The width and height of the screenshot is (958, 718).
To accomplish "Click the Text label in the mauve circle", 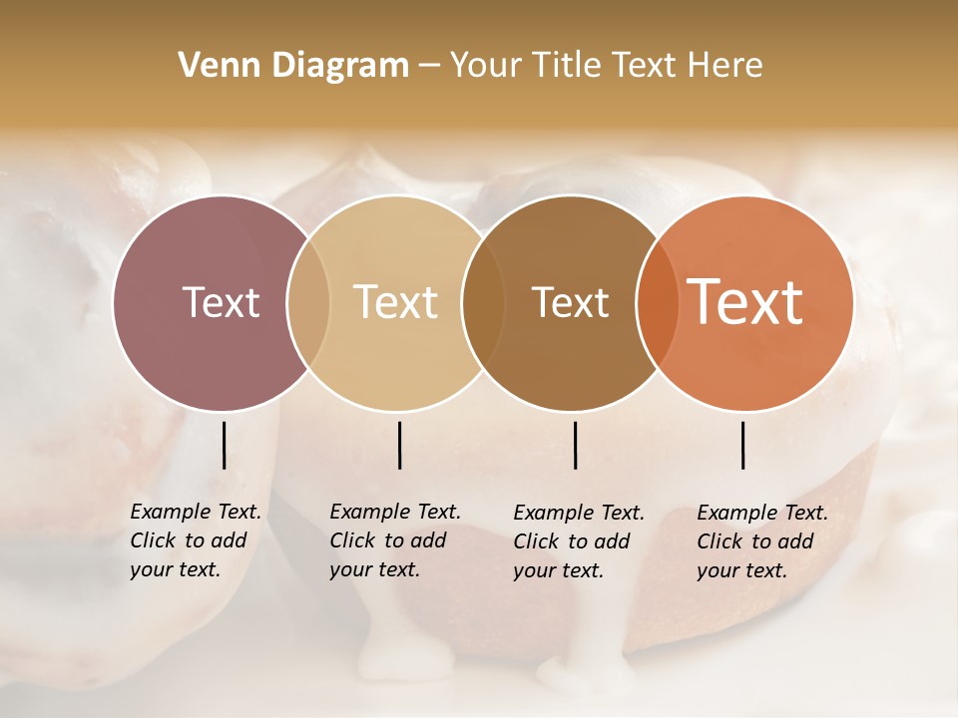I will click(221, 302).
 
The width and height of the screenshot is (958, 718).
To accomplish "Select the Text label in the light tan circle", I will click(396, 302).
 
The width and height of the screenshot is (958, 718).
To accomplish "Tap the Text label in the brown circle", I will click(571, 302).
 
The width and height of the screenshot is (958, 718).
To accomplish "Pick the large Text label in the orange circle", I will click(745, 302).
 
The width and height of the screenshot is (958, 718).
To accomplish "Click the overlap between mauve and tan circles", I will click(308, 302).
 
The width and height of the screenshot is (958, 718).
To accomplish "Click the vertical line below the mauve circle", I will click(225, 445).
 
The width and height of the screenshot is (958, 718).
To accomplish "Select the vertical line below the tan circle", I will click(399, 445).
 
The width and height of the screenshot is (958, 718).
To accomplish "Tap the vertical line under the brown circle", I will click(575, 445).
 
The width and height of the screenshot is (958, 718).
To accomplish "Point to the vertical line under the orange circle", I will click(743, 445).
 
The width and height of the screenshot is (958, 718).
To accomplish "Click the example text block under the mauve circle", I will click(196, 540).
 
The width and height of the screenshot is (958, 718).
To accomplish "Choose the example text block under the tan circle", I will click(395, 540).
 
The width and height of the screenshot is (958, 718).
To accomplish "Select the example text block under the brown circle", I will click(579, 541).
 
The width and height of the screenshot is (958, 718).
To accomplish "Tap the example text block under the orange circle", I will click(762, 541).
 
